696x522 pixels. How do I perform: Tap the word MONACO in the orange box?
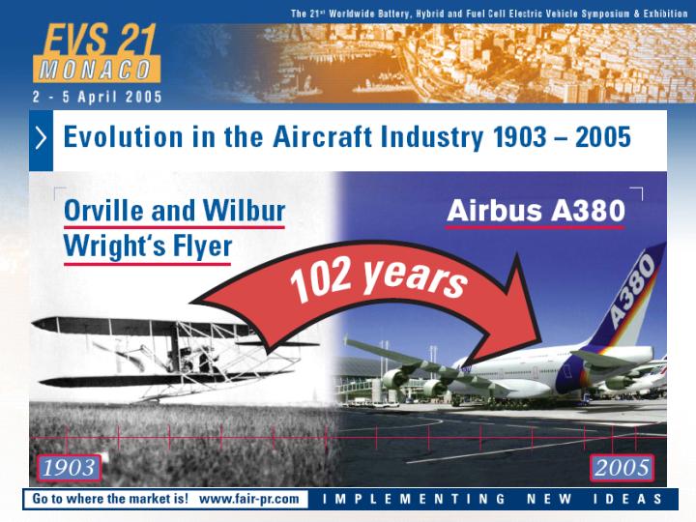96,70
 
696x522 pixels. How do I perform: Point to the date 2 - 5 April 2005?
98,97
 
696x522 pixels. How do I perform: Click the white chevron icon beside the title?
41,137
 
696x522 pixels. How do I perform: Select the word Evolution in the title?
124,136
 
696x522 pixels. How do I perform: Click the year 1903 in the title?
519,136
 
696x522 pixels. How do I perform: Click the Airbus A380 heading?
536,211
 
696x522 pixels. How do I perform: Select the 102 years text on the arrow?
378,279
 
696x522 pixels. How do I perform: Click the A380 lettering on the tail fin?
631,290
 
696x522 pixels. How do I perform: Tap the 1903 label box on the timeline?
69,468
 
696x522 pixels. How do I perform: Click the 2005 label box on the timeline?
622,468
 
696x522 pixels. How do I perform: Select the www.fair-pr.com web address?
249,499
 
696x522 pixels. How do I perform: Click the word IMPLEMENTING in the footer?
414,499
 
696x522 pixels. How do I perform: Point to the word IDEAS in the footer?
627,499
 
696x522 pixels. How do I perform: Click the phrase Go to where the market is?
110,499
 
